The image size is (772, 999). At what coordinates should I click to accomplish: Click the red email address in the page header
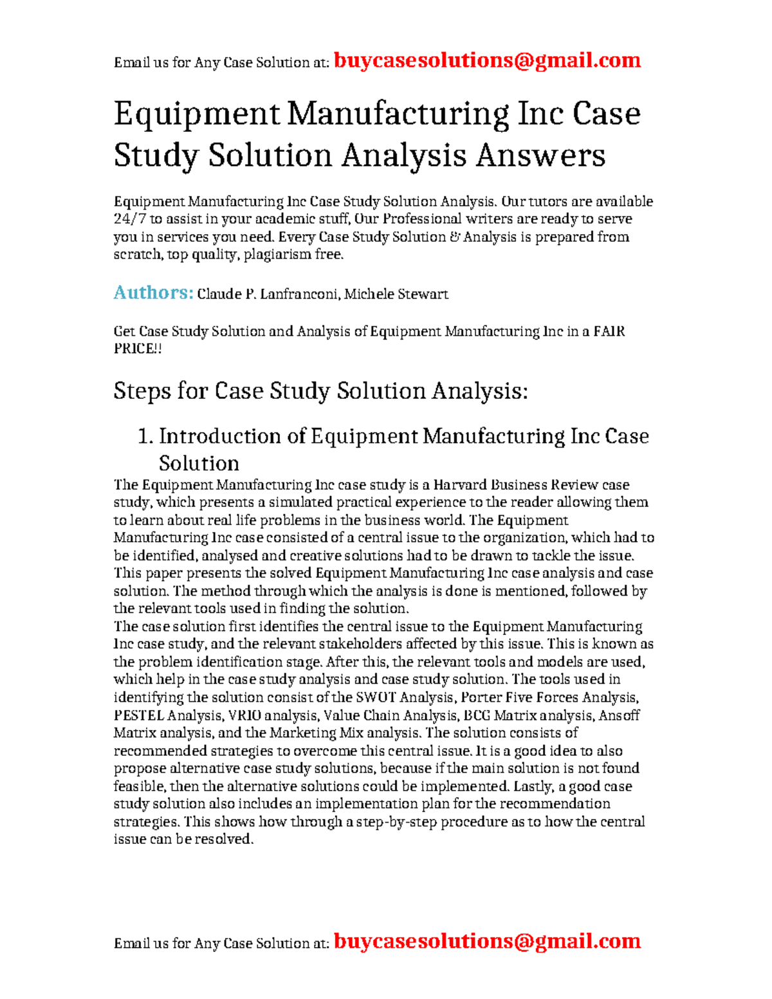[487, 60]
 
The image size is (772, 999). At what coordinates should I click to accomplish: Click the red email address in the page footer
[487, 941]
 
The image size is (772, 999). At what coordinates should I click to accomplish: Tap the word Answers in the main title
[540, 156]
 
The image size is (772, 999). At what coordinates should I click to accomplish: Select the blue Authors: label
[153, 293]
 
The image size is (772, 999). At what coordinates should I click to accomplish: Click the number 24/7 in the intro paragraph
[130, 219]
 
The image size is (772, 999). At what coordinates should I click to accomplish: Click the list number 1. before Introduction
[145, 437]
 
